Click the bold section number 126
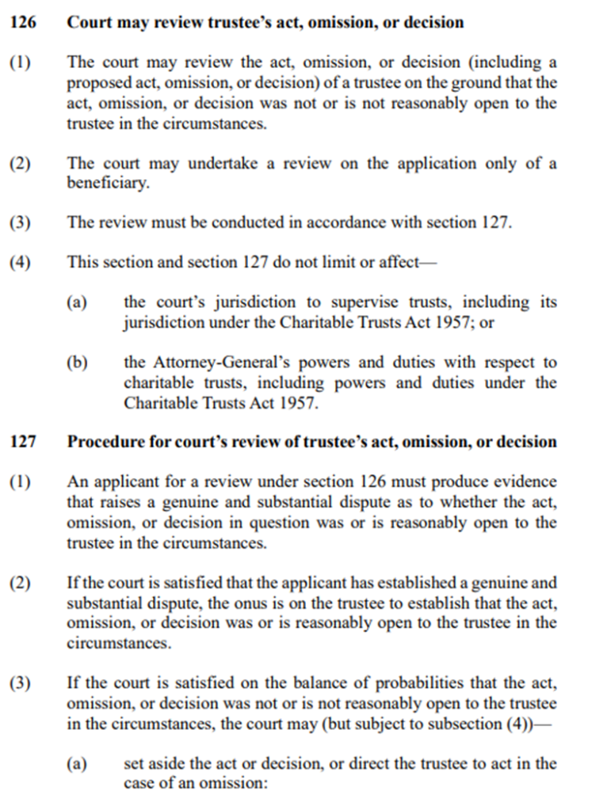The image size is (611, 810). tap(22, 22)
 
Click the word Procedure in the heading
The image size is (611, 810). tap(101, 442)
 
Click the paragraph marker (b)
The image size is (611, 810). tap(76, 363)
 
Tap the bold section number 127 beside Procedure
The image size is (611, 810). tap(22, 442)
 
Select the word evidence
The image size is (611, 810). tap(530, 482)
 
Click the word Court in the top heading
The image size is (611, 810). tap(88, 22)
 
